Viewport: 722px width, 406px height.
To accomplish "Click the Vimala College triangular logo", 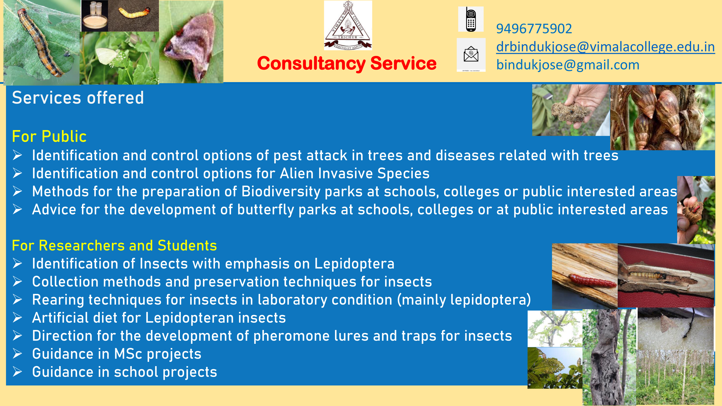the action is [x=348, y=25].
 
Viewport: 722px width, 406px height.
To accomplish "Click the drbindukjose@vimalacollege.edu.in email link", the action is [x=605, y=47].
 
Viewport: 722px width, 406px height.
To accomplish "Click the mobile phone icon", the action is [x=471, y=19].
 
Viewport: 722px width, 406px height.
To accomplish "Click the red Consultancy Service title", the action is [x=347, y=63].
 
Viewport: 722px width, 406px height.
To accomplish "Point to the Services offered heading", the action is [x=78, y=98].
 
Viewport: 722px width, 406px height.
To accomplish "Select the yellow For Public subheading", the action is [x=49, y=136].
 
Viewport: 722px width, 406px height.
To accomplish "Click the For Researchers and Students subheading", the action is [x=114, y=245].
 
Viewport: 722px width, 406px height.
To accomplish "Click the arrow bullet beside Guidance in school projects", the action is [x=17, y=372].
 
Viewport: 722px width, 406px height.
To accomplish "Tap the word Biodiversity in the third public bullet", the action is [x=281, y=192].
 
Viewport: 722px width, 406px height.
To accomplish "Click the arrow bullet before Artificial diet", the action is [x=17, y=318].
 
